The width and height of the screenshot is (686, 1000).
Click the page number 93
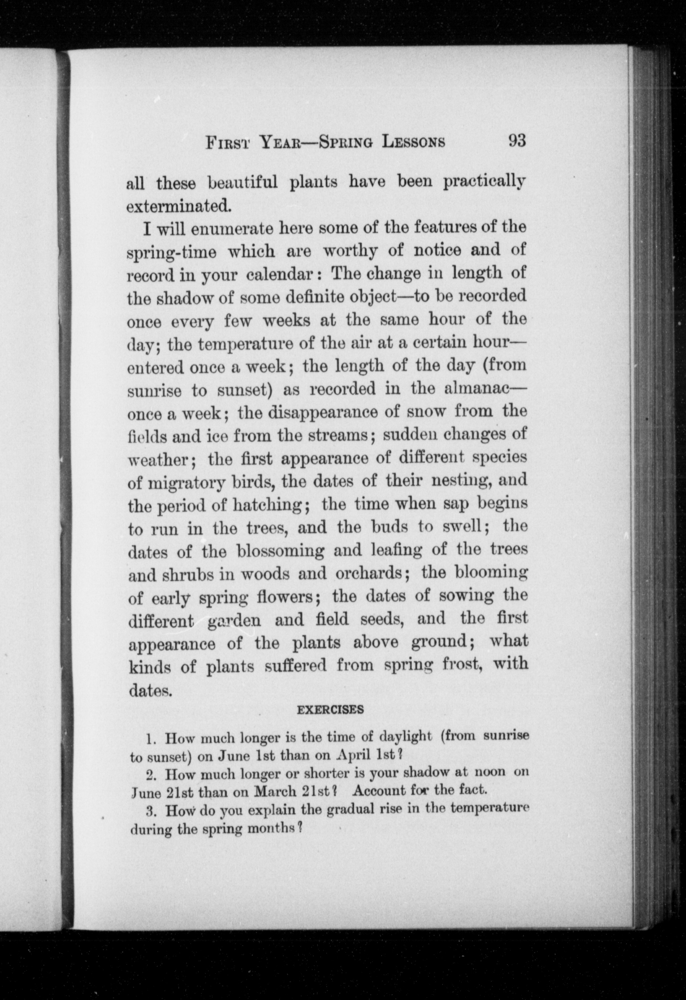click(x=517, y=140)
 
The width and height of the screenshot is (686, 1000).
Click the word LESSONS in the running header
click(x=413, y=142)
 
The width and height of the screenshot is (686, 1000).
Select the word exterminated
click(x=179, y=206)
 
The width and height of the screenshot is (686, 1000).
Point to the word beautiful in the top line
click(x=243, y=182)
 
